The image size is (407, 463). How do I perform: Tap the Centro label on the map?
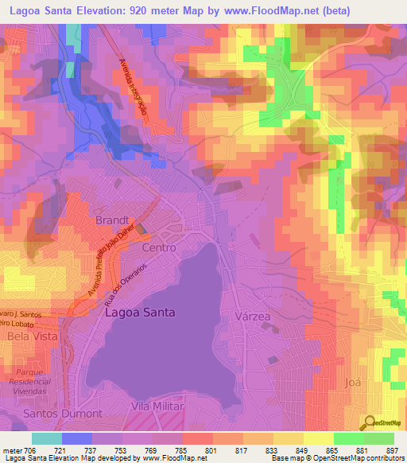[157, 248]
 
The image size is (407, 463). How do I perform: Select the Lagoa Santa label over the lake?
[140, 313]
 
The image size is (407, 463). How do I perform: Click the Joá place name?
[353, 383]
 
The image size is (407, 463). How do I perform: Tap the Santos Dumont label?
[63, 414]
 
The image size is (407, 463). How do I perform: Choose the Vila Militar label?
[157, 407]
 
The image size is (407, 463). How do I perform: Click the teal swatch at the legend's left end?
[47, 438]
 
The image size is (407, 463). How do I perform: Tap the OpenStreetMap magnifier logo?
[370, 422]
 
